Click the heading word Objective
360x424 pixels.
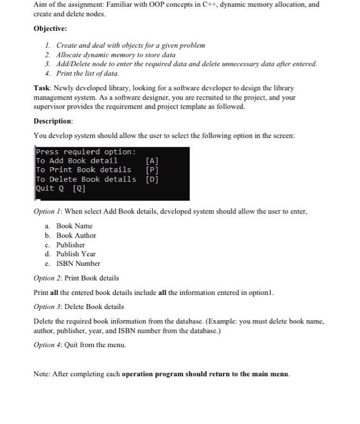(50, 28)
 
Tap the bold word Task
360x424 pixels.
(42, 88)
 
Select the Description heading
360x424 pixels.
(53, 121)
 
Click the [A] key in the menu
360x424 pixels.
(152, 161)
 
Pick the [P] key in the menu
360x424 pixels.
(152, 170)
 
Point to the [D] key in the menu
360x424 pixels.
(152, 179)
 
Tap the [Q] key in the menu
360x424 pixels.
(79, 188)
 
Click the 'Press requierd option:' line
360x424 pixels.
(85, 151)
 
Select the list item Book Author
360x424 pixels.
(76, 235)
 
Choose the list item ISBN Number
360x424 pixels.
(78, 263)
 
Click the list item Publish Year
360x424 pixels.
(76, 254)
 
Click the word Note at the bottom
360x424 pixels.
(42, 373)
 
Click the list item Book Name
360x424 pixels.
(75, 225)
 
